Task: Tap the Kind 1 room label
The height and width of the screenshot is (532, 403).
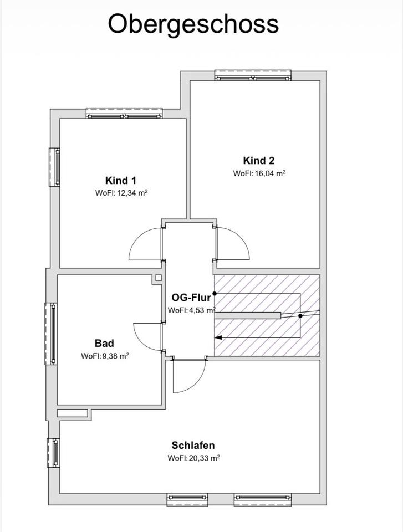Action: [120, 180]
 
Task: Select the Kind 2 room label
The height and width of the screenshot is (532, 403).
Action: [259, 161]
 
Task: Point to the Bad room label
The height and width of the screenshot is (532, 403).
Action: [104, 343]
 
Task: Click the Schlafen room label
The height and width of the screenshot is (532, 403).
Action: [193, 445]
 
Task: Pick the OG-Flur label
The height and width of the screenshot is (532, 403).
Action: [191, 298]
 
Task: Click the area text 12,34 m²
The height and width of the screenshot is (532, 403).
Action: [132, 193]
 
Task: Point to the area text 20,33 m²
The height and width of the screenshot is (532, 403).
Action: [205, 458]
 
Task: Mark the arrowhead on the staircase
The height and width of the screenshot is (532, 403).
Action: [218, 337]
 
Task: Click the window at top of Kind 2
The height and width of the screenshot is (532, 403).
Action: [253, 76]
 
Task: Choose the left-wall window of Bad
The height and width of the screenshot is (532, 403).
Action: [51, 334]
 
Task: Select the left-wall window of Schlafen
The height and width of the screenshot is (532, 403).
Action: [54, 453]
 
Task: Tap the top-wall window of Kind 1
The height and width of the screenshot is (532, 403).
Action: [124, 113]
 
